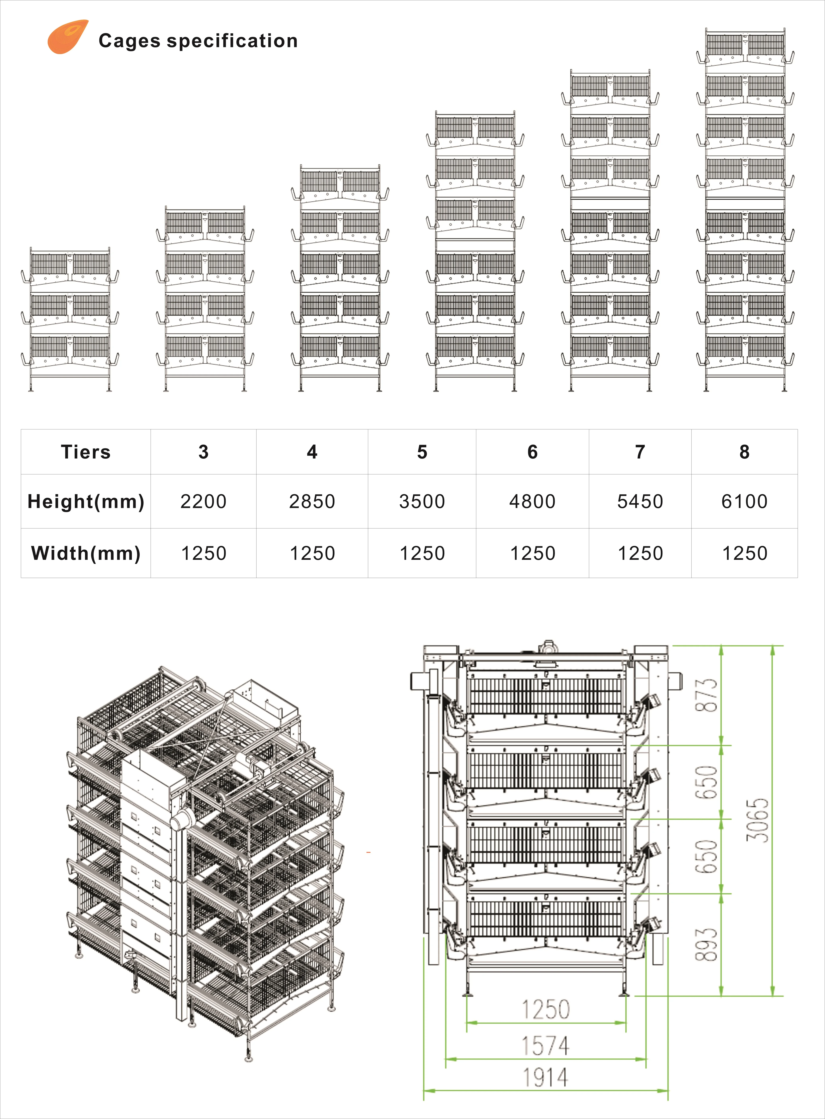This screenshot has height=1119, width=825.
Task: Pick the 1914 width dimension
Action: pos(545,1078)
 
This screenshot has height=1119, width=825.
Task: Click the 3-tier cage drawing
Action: pos(70,319)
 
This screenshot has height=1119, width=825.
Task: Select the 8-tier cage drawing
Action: pos(745,210)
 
